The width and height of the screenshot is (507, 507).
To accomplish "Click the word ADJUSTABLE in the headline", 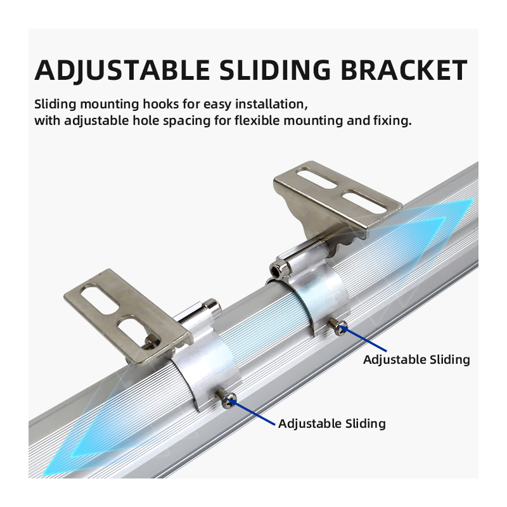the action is tap(122, 70).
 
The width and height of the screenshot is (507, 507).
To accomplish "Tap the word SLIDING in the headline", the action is tap(275, 70).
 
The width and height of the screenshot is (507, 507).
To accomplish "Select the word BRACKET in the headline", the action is tap(404, 70).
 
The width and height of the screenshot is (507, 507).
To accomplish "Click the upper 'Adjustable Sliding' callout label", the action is tap(416, 359).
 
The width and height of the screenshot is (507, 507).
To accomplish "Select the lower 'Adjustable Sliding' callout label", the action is tap(332, 423).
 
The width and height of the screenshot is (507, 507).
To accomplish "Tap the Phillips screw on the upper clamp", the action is tap(338, 326).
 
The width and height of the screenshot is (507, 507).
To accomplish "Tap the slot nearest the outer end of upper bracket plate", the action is tap(318, 177).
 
